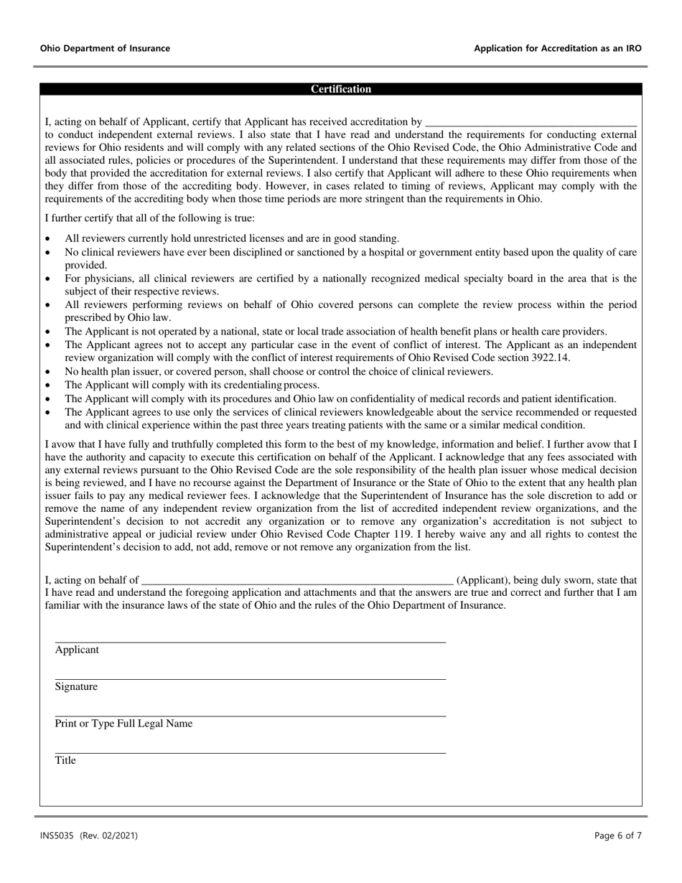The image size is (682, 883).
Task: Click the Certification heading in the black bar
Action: click(x=341, y=90)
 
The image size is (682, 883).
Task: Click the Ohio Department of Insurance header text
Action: click(x=105, y=49)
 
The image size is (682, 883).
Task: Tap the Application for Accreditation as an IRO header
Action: click(x=558, y=49)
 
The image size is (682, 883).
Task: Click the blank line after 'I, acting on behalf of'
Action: click(x=297, y=580)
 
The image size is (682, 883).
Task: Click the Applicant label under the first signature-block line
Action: click(x=77, y=650)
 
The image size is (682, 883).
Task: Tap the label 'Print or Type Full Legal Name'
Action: click(x=123, y=724)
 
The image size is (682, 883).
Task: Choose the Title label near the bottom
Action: click(x=65, y=760)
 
